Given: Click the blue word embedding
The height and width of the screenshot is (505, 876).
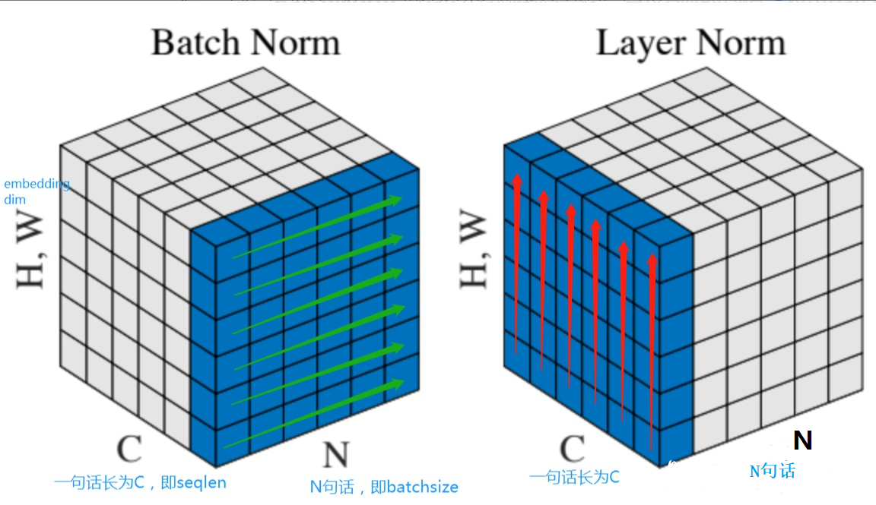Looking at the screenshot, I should point(37,185).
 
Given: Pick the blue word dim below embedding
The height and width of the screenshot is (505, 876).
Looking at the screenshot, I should point(14,199).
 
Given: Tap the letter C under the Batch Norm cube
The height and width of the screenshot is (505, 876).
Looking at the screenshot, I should point(129,450).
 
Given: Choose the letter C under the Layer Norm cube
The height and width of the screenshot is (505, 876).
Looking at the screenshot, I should point(572,450).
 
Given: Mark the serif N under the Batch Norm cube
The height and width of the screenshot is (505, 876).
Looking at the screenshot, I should point(335,454).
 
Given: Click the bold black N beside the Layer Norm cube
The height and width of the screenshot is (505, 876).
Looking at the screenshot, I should point(802,440).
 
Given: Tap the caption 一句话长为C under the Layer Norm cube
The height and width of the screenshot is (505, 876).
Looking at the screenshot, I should point(574,477).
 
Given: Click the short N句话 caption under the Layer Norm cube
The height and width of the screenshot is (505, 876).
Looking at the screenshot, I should point(772,471).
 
